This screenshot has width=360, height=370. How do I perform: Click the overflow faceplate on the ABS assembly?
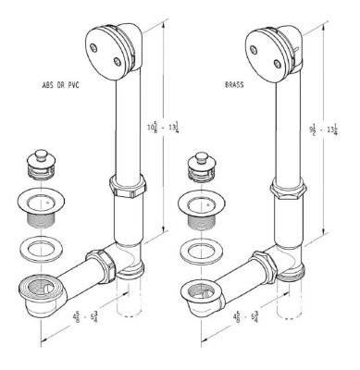(109, 44)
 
